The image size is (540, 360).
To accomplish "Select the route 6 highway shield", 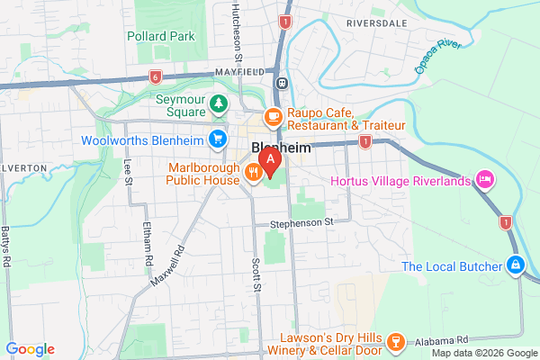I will tap(156, 76).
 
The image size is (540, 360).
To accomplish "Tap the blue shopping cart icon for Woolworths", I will tap(217, 139).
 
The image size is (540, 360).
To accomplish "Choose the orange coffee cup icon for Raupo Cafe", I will tap(272, 116).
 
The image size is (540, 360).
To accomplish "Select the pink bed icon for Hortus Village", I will tap(485, 180).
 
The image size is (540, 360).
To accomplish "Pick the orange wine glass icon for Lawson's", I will tap(393, 341).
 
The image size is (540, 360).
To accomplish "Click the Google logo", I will tap(30, 349).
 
